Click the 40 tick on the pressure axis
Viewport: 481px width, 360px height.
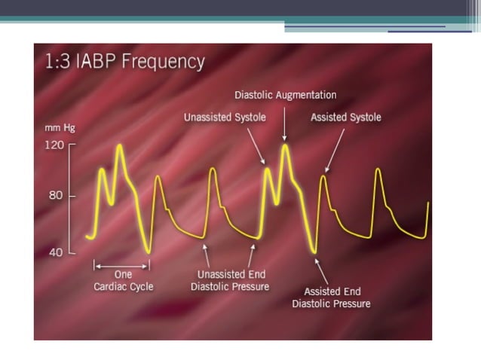click(57, 252)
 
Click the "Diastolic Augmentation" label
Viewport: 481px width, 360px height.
click(285, 96)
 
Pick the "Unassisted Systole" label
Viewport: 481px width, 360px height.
click(223, 117)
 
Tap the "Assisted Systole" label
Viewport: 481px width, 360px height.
click(346, 117)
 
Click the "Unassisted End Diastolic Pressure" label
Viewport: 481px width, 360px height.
click(229, 280)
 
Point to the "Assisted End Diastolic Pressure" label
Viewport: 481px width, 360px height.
click(332, 297)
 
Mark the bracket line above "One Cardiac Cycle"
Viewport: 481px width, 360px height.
click(121, 265)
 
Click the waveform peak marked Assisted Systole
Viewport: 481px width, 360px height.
click(324, 177)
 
